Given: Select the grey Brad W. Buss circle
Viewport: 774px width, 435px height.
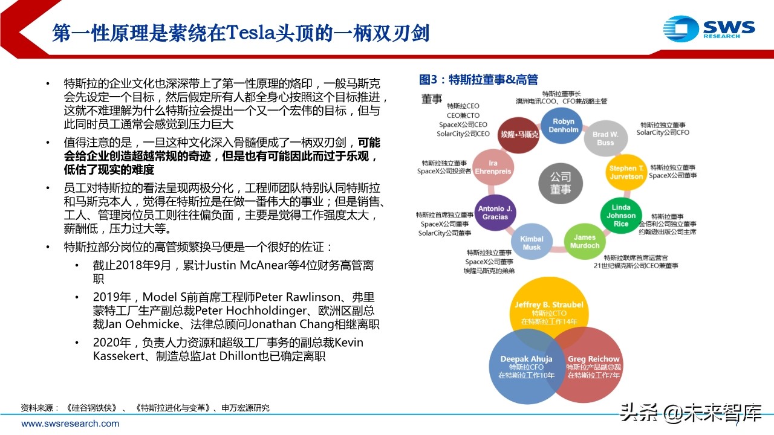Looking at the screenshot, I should coord(605,138).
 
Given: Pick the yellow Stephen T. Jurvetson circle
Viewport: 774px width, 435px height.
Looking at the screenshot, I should coord(626,172).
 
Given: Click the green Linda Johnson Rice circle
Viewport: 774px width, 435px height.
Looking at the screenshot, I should coord(621,216).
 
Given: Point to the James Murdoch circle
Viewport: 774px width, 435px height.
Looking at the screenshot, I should coord(585,241).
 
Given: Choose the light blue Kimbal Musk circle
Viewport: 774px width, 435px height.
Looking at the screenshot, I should coord(532,243).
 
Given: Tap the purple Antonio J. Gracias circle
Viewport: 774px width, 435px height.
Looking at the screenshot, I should coord(495,213).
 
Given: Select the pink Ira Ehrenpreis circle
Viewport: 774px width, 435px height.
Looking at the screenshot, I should coord(492,167).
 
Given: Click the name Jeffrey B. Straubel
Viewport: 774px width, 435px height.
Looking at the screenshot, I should coord(550,305).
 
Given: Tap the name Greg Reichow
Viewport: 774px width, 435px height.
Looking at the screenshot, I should coord(593,359).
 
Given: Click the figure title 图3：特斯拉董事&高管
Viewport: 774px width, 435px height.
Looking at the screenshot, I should coord(478,80).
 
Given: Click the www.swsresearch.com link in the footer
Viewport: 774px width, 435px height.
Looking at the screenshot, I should coord(70,424).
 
